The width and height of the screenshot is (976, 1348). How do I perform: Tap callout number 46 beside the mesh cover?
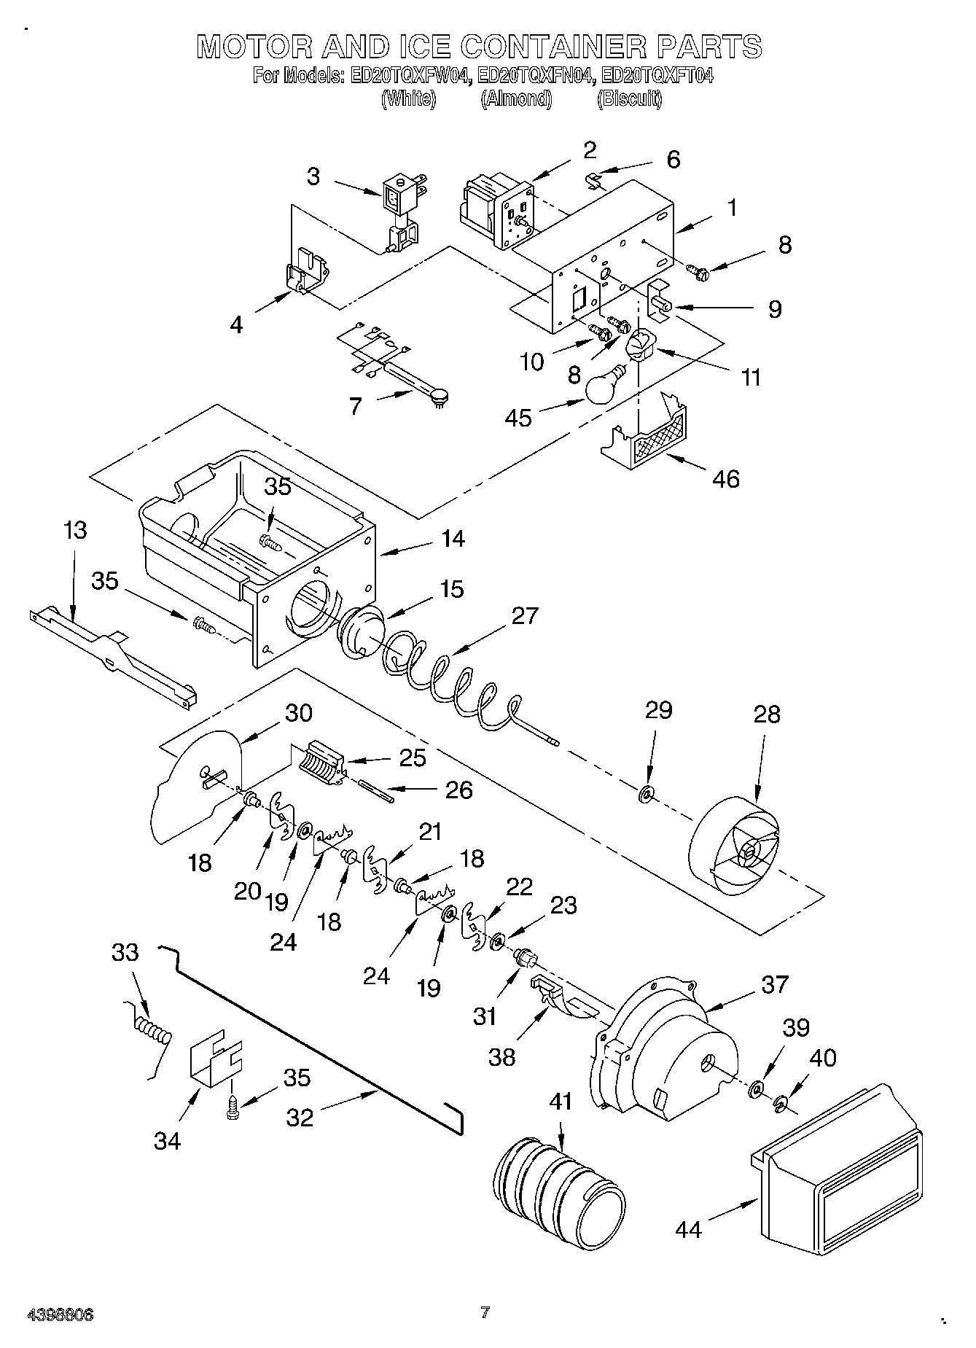tap(726, 479)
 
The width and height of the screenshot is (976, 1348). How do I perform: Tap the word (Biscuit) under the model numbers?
tap(629, 100)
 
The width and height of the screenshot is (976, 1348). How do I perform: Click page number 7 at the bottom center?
tap(485, 1312)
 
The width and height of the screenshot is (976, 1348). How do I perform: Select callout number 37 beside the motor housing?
tap(775, 984)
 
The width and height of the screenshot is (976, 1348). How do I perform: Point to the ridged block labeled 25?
tap(320, 762)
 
